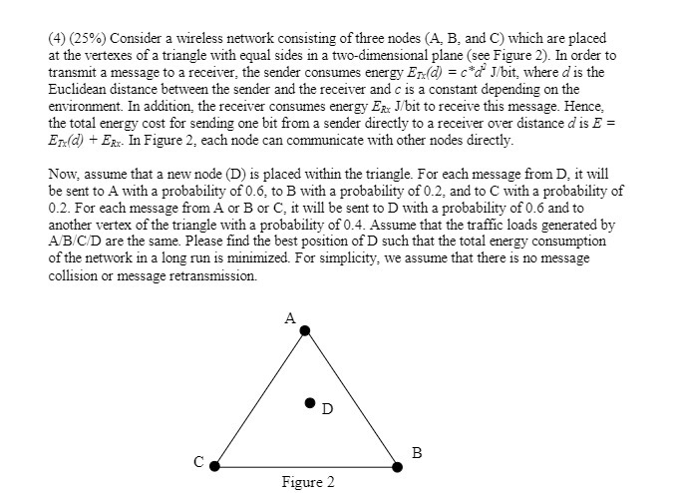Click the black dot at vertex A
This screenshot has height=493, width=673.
(305, 330)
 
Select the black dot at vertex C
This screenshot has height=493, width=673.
(213, 464)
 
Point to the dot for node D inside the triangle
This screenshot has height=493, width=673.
(309, 403)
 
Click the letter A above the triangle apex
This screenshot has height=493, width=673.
(290, 318)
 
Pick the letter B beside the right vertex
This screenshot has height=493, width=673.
(417, 453)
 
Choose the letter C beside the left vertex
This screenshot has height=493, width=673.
(199, 462)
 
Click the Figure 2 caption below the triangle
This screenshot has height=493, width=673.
(308, 482)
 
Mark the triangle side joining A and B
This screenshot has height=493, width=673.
(352, 397)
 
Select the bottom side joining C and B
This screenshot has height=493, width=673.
(305, 464)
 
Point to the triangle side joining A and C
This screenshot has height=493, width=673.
(259, 397)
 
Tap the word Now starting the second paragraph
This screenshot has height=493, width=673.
(62, 173)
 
